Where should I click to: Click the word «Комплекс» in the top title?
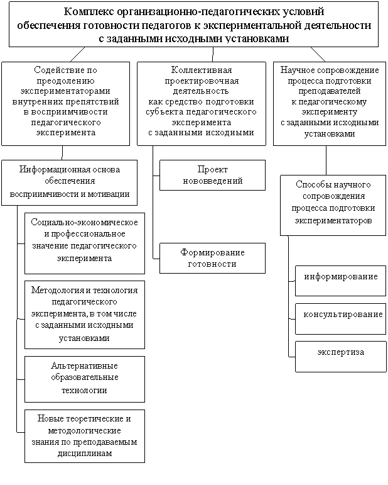coord(89,12)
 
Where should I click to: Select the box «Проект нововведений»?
coord(212,175)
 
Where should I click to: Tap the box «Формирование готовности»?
coord(212,258)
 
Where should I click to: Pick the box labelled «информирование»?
coord(341,281)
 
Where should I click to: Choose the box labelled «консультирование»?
coord(341,319)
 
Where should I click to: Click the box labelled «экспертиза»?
coord(341,356)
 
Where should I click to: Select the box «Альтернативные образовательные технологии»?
coord(85,379)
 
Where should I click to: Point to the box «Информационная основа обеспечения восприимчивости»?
coord(69,182)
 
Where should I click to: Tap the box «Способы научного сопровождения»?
coord(333,205)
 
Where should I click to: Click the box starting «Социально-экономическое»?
coord(85,243)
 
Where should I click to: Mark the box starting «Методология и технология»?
coord(85,315)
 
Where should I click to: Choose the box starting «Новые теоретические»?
coord(85,436)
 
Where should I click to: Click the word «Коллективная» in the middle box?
coord(202,70)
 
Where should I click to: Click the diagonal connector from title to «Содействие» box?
coord(77,55)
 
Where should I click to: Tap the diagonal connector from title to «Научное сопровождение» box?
coord(318,55)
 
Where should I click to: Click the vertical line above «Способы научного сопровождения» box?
coord(326,160)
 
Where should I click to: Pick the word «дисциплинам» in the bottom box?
coord(85,454)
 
